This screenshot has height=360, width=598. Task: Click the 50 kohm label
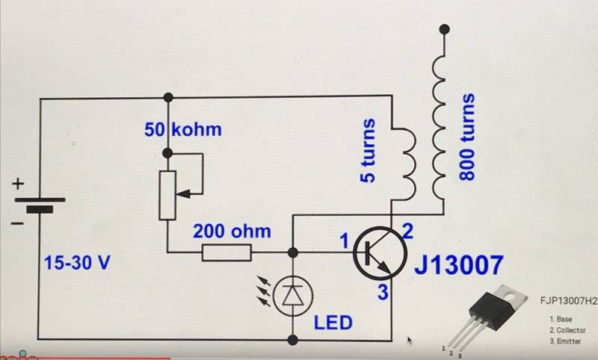[183, 129]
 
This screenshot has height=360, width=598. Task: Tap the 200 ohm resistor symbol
[226, 252]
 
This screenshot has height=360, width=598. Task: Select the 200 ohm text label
[232, 232]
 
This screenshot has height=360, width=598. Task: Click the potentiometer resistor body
[167, 195]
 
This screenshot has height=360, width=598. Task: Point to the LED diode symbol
[293, 295]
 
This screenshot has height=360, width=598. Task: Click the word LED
[333, 323]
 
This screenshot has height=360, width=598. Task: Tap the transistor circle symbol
[380, 253]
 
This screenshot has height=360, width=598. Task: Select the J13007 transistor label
[459, 265]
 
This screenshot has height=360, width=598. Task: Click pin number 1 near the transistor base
[345, 241]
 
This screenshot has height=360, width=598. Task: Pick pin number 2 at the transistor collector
[407, 231]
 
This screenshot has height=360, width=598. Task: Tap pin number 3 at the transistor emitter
[383, 292]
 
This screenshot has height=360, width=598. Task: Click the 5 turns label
[368, 150]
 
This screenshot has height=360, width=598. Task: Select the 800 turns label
[466, 137]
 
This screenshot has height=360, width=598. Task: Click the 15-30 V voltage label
[77, 262]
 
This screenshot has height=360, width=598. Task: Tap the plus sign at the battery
[18, 184]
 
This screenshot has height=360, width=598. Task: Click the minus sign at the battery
[17, 223]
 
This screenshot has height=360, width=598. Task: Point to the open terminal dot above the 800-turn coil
[444, 29]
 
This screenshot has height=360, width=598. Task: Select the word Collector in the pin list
[571, 330]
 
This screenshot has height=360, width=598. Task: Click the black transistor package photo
[488, 312]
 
